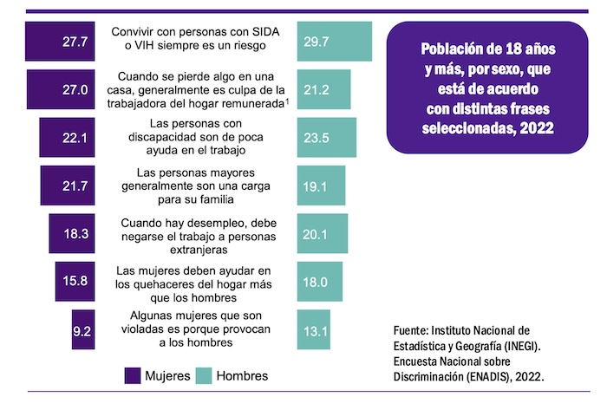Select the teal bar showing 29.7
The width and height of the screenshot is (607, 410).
tap(334, 41)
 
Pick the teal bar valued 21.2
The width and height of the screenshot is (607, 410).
tap(323, 88)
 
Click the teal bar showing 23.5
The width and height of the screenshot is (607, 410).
tap(326, 136)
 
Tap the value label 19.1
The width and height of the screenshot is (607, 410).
tap(315, 184)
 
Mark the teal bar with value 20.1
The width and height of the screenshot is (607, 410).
tap(322, 232)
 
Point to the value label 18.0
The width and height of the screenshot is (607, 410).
tap(315, 281)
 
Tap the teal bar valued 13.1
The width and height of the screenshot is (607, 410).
tap(313, 329)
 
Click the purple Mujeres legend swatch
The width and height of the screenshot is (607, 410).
tap(134, 375)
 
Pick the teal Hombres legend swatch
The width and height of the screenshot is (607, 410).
tap(205, 375)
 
